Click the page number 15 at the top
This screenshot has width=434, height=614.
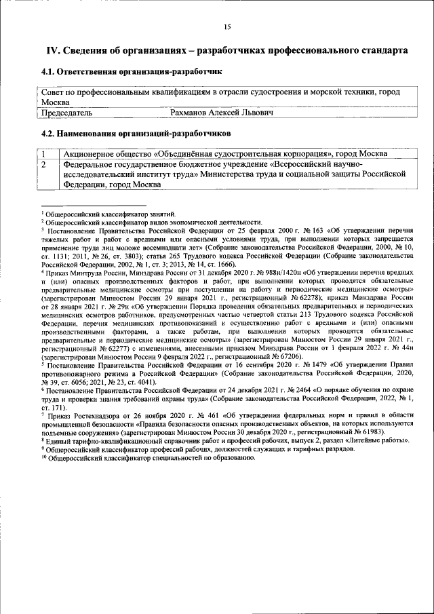coord(227,26)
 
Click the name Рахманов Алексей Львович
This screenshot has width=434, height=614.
coord(222,112)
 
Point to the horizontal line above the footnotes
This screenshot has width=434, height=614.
coord(93,206)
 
